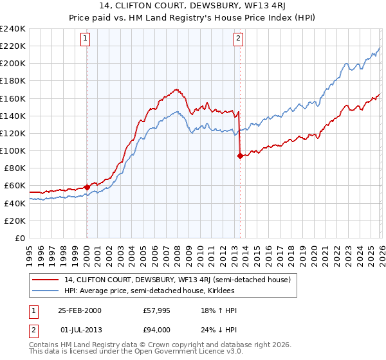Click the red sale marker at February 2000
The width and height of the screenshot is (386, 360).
(x=87, y=187)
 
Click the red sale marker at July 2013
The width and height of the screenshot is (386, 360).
(x=240, y=156)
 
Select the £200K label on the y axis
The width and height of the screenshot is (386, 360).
(x=13, y=64)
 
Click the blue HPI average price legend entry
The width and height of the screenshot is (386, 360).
(x=149, y=291)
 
